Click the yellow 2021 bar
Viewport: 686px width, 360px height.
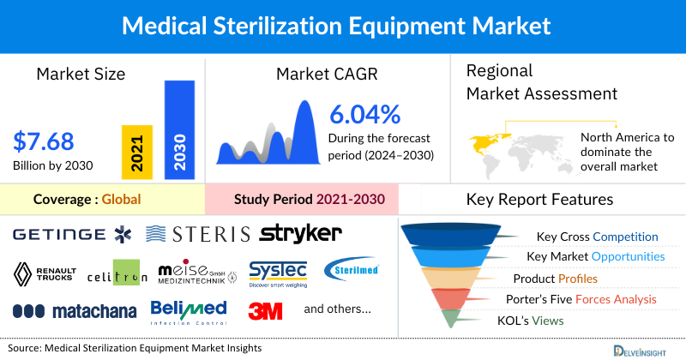pos(136,150)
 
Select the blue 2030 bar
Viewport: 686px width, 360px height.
pos(179,129)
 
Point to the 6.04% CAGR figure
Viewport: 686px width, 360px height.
pos(364,114)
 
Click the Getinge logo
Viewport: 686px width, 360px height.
pos(70,234)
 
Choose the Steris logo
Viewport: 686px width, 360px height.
pos(198,234)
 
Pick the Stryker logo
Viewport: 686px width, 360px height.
pos(300,232)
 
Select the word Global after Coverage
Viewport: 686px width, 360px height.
pos(121,200)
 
